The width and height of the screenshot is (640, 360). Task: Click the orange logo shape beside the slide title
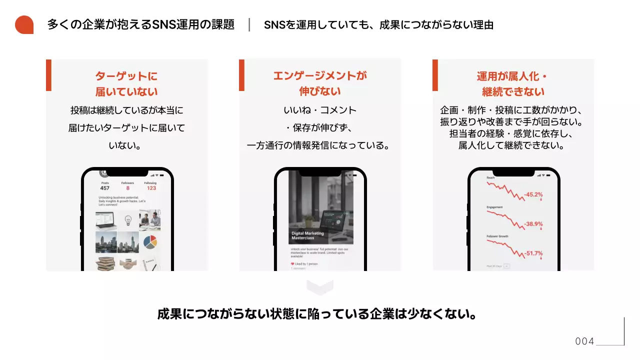(x=24, y=25)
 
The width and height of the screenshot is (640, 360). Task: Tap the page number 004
(x=584, y=341)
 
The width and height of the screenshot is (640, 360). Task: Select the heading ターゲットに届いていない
(x=126, y=84)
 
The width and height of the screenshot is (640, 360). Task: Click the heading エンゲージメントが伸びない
(x=320, y=83)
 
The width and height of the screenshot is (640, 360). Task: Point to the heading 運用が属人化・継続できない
(x=513, y=84)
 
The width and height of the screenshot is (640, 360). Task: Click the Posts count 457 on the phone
(x=104, y=188)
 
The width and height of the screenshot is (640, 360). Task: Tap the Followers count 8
(x=127, y=188)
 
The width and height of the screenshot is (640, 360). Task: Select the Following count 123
(x=151, y=188)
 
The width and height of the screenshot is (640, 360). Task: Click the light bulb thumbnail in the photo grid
(x=128, y=219)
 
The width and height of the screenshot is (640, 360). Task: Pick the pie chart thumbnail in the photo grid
(x=150, y=242)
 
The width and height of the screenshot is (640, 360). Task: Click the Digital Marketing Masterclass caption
(x=308, y=235)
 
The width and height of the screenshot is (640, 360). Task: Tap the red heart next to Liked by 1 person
(x=292, y=263)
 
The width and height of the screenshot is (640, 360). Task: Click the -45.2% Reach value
(x=533, y=194)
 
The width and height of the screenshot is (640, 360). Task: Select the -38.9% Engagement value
(x=533, y=224)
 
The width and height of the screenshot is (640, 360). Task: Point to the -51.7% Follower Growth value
(x=533, y=253)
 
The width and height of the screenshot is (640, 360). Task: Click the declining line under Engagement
(x=505, y=219)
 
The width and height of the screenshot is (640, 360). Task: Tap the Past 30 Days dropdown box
(x=506, y=266)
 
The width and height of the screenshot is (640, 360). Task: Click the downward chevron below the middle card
(x=320, y=287)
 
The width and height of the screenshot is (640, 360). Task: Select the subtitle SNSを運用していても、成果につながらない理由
(x=378, y=25)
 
